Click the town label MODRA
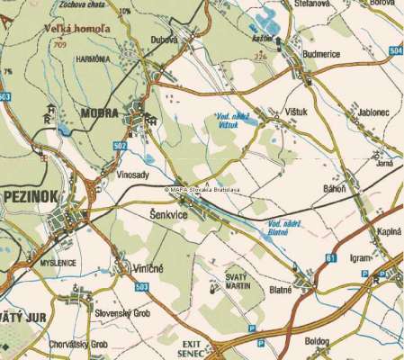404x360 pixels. point(99,113)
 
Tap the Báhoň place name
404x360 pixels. point(334,191)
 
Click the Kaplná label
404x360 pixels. point(388,231)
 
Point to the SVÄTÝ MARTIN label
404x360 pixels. point(236,283)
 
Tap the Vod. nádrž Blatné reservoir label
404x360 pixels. point(279,228)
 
